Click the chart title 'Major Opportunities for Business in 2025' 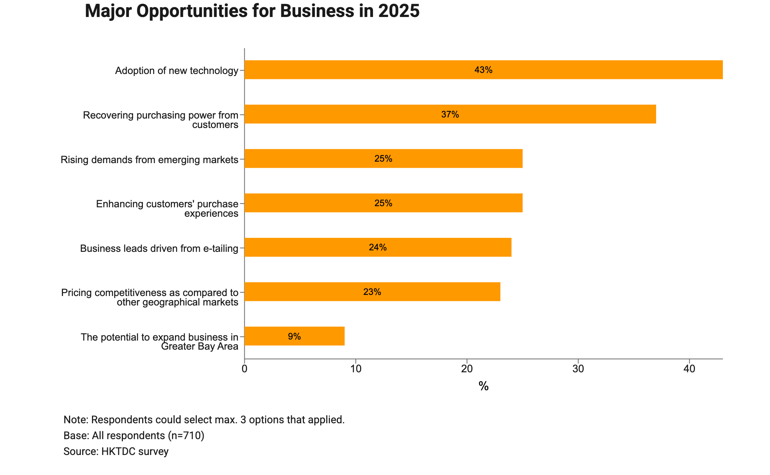252,11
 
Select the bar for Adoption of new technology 483,70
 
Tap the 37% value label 450,114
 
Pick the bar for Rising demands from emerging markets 383,159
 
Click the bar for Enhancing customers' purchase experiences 383,203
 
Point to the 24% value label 378,248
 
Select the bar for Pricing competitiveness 373,292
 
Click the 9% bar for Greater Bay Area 295,336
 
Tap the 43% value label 483,70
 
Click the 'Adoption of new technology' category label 177,71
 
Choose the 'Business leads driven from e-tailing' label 160,248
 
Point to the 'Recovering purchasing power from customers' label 161,120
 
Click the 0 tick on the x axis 245,369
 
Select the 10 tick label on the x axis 356,369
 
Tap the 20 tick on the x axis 467,369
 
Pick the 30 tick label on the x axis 578,369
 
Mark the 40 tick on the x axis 689,369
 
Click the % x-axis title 483,386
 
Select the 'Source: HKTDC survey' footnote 116,452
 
